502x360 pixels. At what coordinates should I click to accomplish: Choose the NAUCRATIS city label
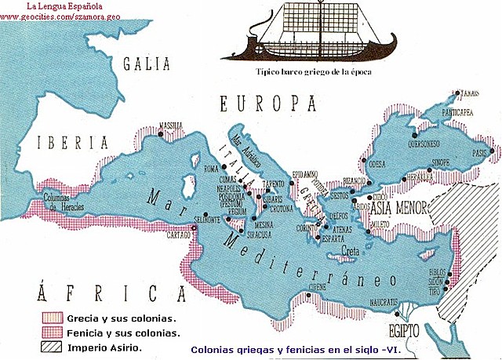point(388,301)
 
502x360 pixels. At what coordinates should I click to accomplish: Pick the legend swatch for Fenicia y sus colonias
point(53,332)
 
